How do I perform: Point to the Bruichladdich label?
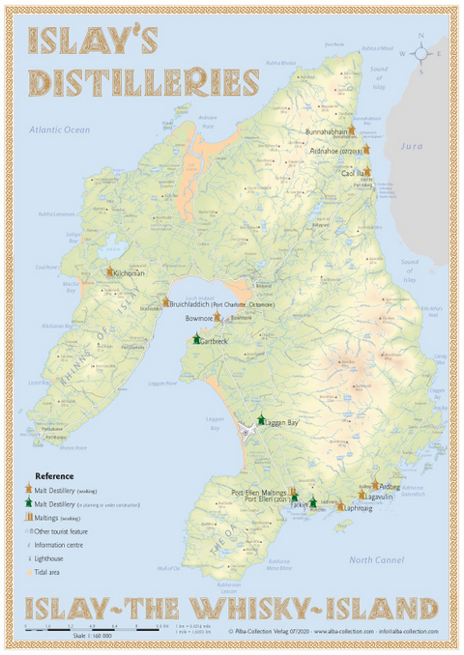(195, 302)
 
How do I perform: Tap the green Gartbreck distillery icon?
(196, 339)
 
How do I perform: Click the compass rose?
(422, 53)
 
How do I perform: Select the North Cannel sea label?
(377, 560)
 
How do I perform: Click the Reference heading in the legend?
(54, 476)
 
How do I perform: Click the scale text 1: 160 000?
(92, 635)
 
